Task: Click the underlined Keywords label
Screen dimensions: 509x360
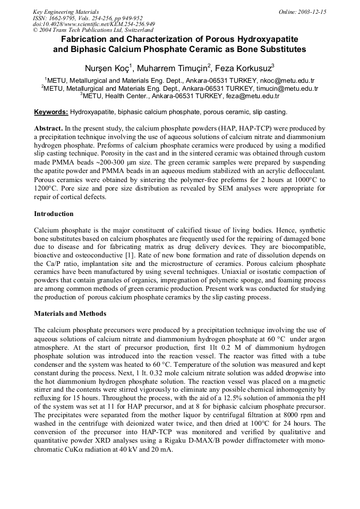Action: (x=51, y=112)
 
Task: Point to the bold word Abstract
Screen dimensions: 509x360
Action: (x=48, y=128)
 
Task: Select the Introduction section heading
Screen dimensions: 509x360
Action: (x=54, y=214)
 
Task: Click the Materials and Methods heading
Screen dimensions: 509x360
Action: (x=70, y=314)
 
